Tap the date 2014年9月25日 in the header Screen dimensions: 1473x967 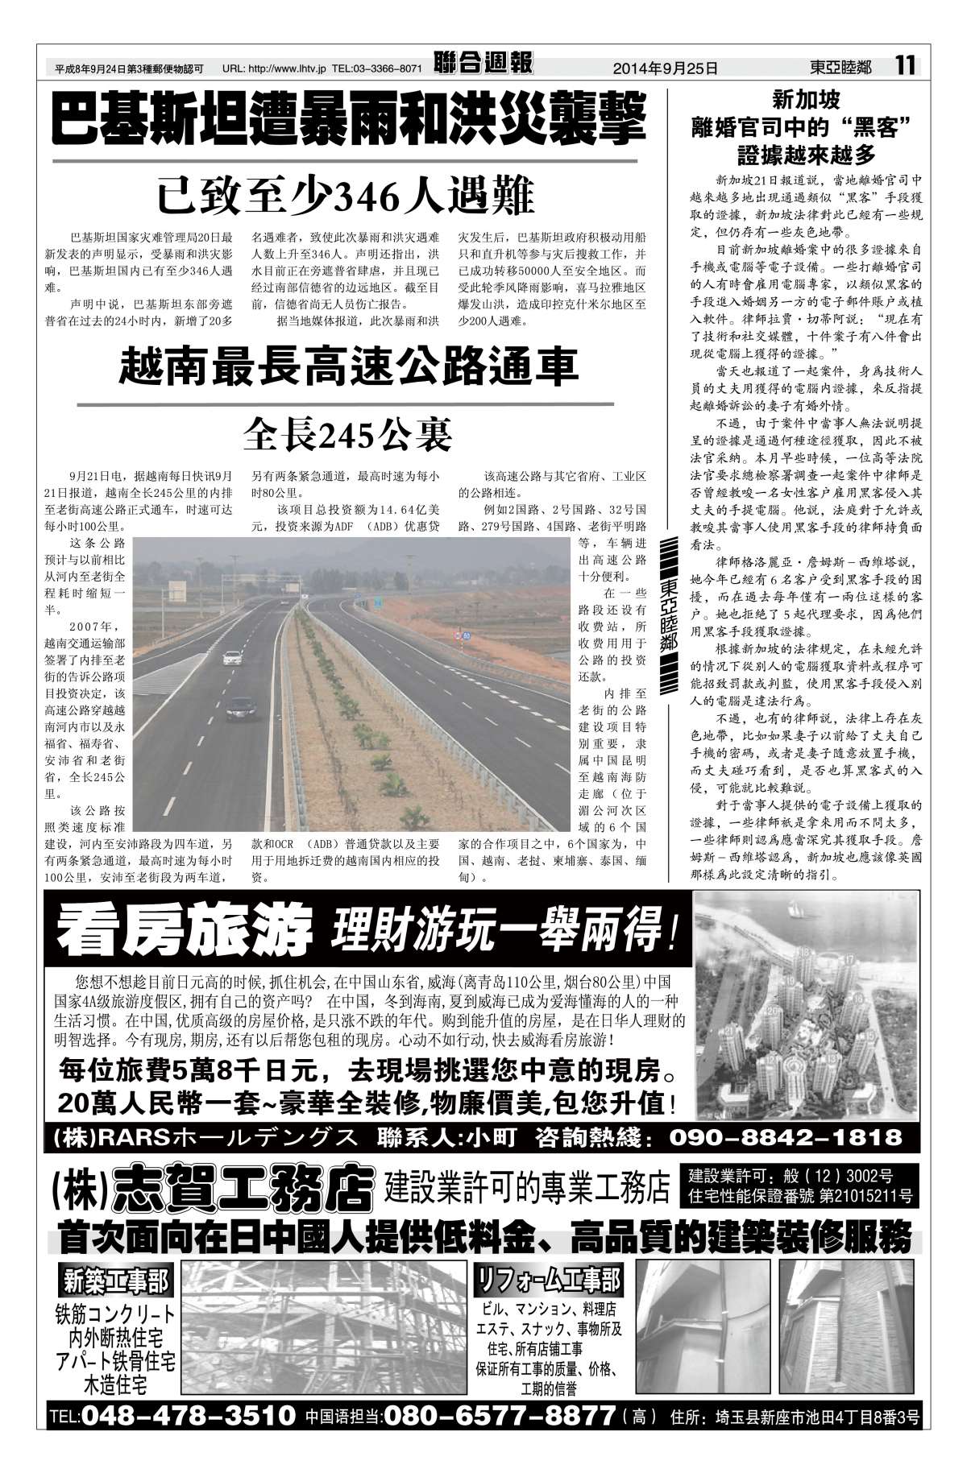665,68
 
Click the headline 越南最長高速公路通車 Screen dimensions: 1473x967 349,366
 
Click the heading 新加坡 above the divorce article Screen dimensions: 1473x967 806,100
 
